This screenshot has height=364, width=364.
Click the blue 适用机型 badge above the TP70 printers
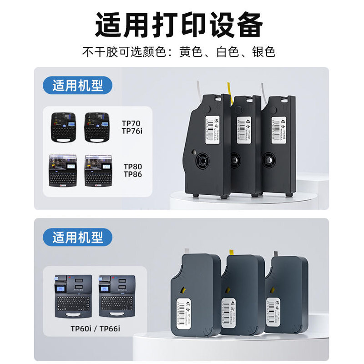[77, 85]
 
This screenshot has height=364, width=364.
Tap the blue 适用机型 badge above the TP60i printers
[77, 237]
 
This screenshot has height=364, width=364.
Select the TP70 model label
[131, 123]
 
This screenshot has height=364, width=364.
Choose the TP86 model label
[132, 174]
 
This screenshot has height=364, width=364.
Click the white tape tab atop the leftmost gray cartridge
[187, 251]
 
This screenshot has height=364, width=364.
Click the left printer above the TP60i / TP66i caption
[73, 296]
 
